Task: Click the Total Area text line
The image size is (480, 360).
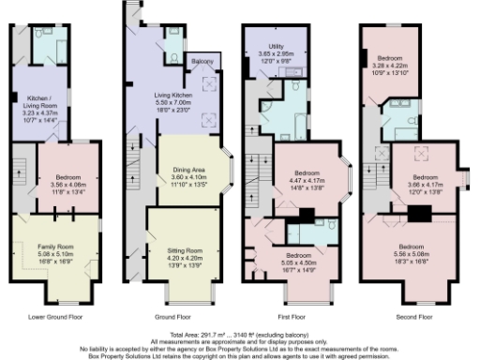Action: pos(240,334)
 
